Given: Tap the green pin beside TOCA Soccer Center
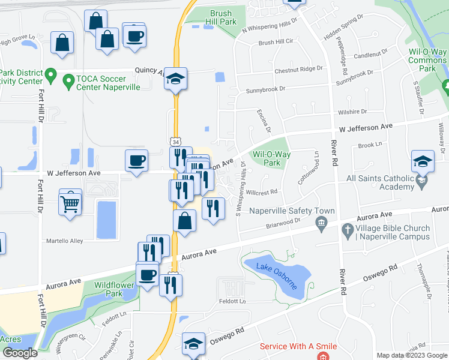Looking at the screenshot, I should point(51,77).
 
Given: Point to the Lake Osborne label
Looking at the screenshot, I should point(277,274).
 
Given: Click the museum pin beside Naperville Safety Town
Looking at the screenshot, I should point(321,224).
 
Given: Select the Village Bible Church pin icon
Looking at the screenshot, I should point(347,230).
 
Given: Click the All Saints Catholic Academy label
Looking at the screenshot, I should point(388,183).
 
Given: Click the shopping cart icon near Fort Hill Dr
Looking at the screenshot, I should point(70,202).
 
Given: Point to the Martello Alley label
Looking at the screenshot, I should point(65,241).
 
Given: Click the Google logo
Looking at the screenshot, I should point(20,353).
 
